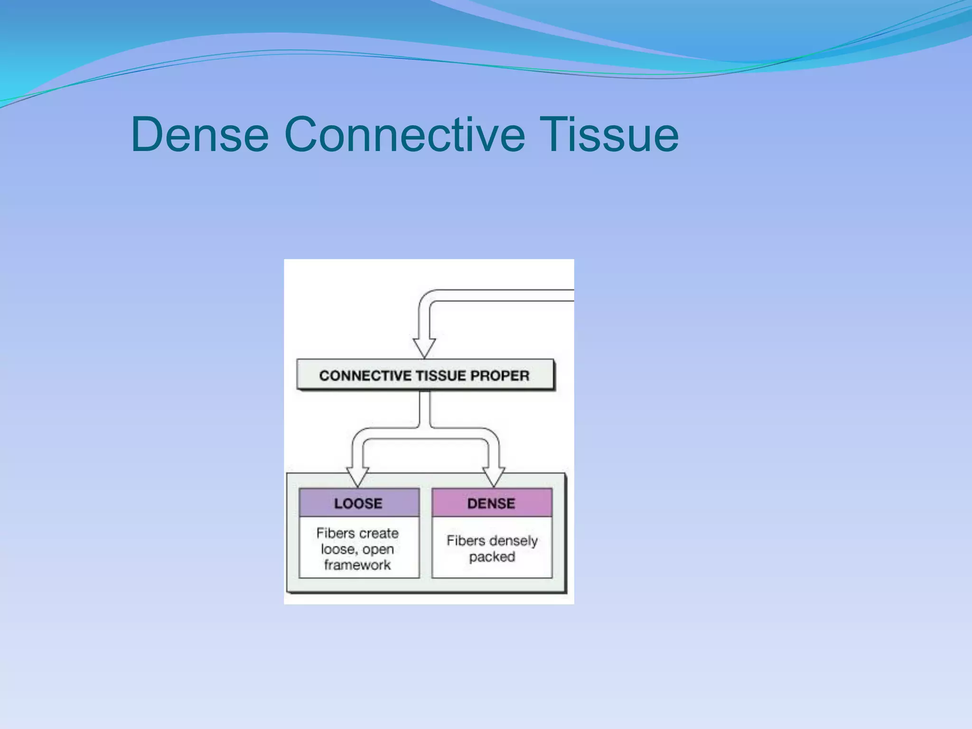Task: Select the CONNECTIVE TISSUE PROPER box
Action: [x=425, y=375]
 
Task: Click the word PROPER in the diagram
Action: [x=499, y=376]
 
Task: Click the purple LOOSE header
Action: [x=359, y=503]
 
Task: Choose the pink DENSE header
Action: [x=492, y=503]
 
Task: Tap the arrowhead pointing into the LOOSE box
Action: [x=357, y=476]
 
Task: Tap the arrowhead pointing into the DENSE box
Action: [x=494, y=476]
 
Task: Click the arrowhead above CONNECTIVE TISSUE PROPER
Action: [x=424, y=347]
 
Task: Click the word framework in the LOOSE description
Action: [x=357, y=565]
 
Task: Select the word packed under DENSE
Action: [x=492, y=557]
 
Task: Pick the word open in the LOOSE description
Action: [x=378, y=550]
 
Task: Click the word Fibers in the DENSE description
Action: [x=465, y=541]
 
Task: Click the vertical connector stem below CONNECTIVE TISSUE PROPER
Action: [x=425, y=408]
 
